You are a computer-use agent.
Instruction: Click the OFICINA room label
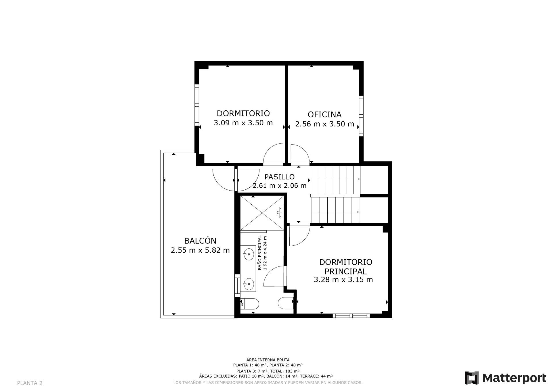click(x=324, y=115)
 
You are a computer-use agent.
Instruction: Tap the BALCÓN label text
click(x=200, y=241)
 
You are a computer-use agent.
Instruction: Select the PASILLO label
click(x=279, y=177)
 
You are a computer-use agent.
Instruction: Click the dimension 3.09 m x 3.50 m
click(x=243, y=123)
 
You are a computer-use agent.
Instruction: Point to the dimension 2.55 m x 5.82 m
click(x=200, y=250)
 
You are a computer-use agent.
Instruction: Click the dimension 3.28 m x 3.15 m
click(x=343, y=280)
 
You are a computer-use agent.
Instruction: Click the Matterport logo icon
click(x=471, y=378)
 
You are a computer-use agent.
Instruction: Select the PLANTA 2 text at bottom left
click(x=30, y=383)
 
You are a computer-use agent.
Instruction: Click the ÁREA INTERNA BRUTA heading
click(x=268, y=360)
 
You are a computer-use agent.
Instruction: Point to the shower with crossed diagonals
click(x=262, y=213)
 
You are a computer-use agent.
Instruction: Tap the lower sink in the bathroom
click(x=248, y=284)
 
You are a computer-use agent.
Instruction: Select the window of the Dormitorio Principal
click(x=351, y=316)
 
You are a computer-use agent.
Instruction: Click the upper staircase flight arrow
click(x=335, y=179)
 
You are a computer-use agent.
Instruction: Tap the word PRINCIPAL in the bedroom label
click(x=345, y=271)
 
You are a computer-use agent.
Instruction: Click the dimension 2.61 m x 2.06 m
click(x=279, y=186)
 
